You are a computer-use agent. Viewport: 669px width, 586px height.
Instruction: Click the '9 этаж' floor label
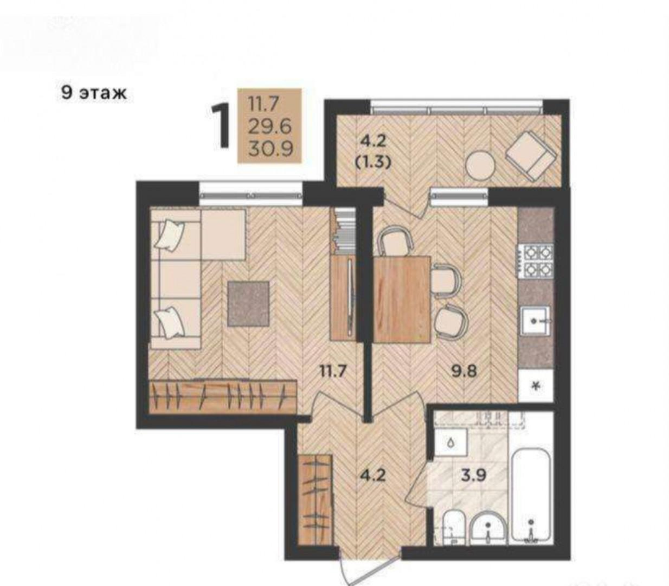(x=94, y=92)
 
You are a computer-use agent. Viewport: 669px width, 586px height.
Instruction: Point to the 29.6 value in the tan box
(x=269, y=126)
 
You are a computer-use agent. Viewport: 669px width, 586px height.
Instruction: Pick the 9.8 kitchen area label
(x=464, y=371)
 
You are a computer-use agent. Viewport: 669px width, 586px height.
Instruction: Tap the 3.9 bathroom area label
(x=474, y=474)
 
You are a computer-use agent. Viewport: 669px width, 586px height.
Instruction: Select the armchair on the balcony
(x=531, y=156)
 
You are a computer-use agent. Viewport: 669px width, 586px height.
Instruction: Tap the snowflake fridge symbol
(x=536, y=386)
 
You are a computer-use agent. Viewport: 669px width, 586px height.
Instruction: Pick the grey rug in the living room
(x=248, y=304)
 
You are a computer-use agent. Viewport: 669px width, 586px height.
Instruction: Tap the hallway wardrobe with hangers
(x=315, y=500)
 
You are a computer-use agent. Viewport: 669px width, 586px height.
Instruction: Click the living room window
(x=251, y=195)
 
